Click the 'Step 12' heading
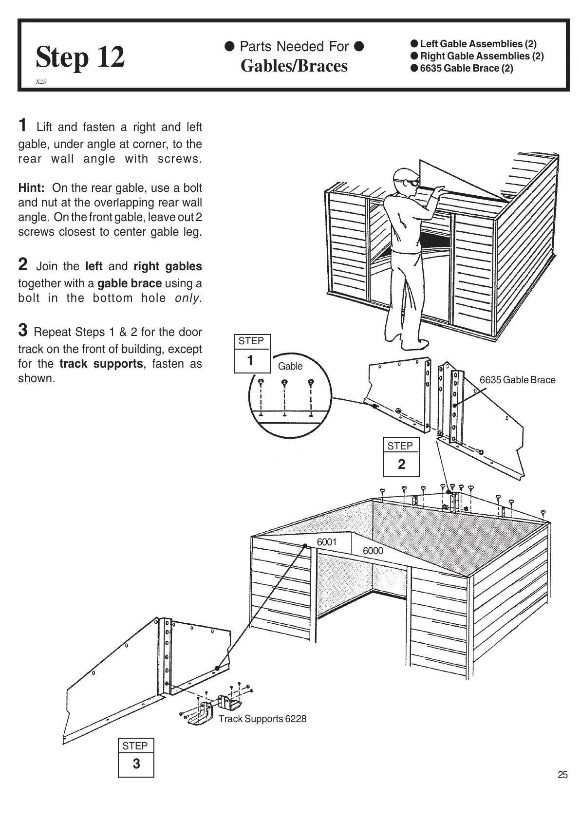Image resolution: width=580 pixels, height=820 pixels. coord(80,56)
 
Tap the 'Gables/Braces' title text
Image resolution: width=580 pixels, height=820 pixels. coord(294,66)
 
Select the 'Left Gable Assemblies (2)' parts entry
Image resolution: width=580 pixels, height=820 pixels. coord(478,44)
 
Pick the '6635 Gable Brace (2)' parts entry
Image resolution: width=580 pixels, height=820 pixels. coord(466,68)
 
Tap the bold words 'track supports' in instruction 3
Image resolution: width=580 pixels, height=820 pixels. coord(101,364)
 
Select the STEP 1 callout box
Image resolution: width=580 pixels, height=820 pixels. coord(251,354)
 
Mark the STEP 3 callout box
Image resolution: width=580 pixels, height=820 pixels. coord(136,757)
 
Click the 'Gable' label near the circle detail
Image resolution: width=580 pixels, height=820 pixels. coord(290,366)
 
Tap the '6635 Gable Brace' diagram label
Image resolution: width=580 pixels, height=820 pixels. coord(517,380)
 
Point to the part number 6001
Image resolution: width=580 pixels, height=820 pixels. coord(327,542)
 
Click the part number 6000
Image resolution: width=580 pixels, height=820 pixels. coord(373,551)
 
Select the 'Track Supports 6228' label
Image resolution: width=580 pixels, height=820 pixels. coord(262,719)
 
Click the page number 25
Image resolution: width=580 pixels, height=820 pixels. coord(562,775)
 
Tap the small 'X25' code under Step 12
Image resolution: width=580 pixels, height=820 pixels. coord(41,82)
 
